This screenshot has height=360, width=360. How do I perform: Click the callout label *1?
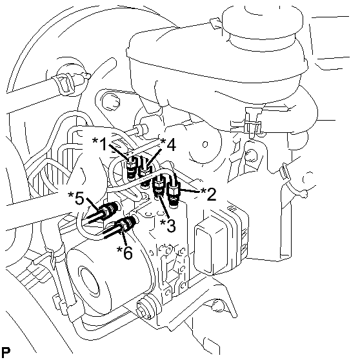coord(99,144)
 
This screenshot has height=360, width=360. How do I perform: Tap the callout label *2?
coord(208,194)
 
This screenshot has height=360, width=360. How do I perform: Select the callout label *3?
coord(168,225)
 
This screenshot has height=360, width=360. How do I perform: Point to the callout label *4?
coord(168,145)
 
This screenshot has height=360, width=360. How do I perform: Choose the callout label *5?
coord(76,198)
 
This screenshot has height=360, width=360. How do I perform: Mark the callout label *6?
coord(125,252)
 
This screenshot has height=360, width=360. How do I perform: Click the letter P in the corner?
coord(6,352)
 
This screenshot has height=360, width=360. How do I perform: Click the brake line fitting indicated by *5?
coord(108,210)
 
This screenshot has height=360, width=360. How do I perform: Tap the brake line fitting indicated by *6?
coord(127,222)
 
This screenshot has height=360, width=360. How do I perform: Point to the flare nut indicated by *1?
coord(132,167)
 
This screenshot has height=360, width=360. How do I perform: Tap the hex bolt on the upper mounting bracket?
coord(110,102)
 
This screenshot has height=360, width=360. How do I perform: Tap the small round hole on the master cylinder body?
coord(205,145)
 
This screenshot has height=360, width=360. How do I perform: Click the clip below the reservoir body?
coord(251,123)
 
